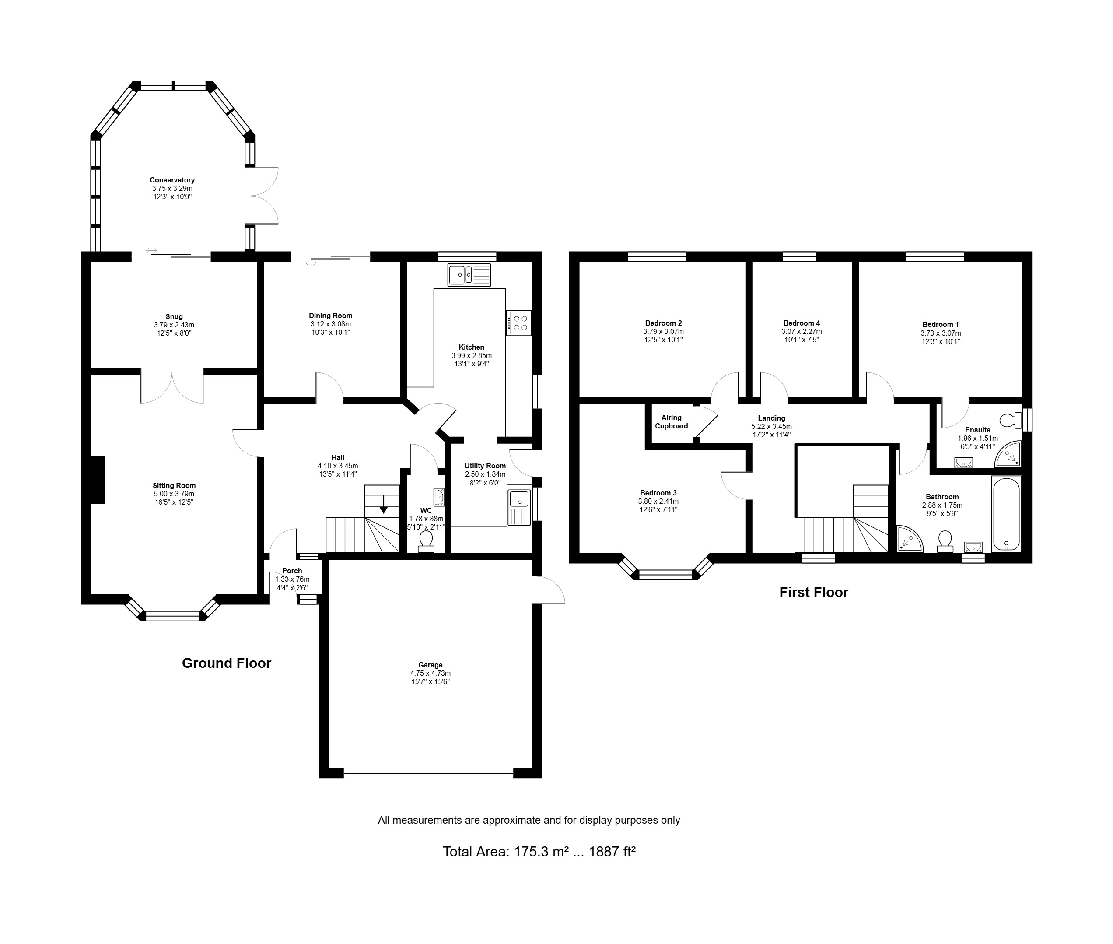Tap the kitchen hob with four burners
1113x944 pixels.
coord(519,323)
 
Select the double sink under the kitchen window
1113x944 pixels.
coord(469,275)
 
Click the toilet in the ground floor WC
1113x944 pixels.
coord(426,541)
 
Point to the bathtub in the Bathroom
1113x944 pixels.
coord(1007,514)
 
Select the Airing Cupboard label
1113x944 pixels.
coord(671,422)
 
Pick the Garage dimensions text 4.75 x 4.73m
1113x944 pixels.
coord(430,674)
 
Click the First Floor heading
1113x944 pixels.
coord(813,593)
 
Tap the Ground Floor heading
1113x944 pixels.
coord(226,663)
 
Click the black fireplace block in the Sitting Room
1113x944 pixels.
coord(97,480)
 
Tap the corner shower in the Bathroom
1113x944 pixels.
coord(910,538)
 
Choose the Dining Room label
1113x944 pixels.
coord(330,316)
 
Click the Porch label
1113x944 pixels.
coord(292,571)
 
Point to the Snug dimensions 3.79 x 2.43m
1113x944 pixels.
coord(174,325)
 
